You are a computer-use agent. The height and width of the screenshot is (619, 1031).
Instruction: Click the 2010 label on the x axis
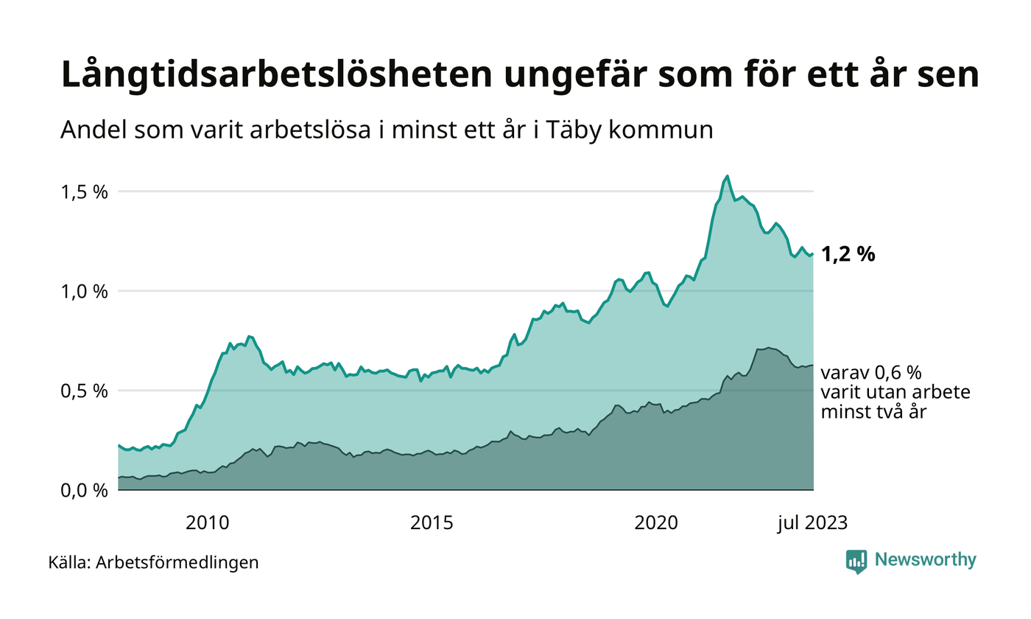click(208, 524)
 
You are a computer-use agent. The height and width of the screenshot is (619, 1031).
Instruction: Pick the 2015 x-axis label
click(432, 524)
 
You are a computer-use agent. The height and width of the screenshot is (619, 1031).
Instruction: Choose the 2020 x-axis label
click(657, 524)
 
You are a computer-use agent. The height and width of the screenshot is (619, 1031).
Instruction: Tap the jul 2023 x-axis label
click(813, 524)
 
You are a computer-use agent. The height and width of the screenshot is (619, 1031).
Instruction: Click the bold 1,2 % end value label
click(848, 255)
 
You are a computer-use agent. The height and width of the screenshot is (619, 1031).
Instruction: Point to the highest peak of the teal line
click(728, 176)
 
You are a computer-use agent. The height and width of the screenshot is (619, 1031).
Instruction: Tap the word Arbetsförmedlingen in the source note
click(177, 563)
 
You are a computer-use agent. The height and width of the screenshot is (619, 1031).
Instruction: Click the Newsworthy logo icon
click(856, 561)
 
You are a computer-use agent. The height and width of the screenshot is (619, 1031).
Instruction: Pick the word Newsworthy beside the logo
click(926, 560)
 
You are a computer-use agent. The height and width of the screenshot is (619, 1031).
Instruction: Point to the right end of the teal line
click(813, 254)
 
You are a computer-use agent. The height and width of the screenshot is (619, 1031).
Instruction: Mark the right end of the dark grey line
click(813, 366)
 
